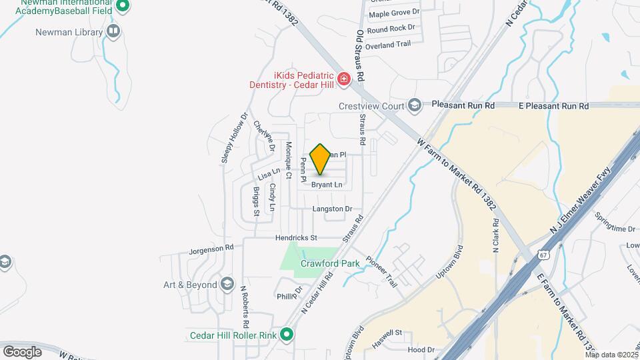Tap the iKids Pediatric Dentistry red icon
[343, 79]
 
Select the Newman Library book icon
[113, 31]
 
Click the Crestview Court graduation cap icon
[415, 105]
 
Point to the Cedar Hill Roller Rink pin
[287, 335]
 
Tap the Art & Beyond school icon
[227, 285]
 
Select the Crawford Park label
[330, 263]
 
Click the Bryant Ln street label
[327, 185]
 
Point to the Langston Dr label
[332, 209]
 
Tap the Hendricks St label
[296, 237]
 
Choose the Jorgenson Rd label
[211, 247]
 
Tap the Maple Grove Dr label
[394, 13]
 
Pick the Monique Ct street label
[289, 161]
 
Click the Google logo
[22, 351]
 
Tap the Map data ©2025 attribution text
[611, 355]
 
